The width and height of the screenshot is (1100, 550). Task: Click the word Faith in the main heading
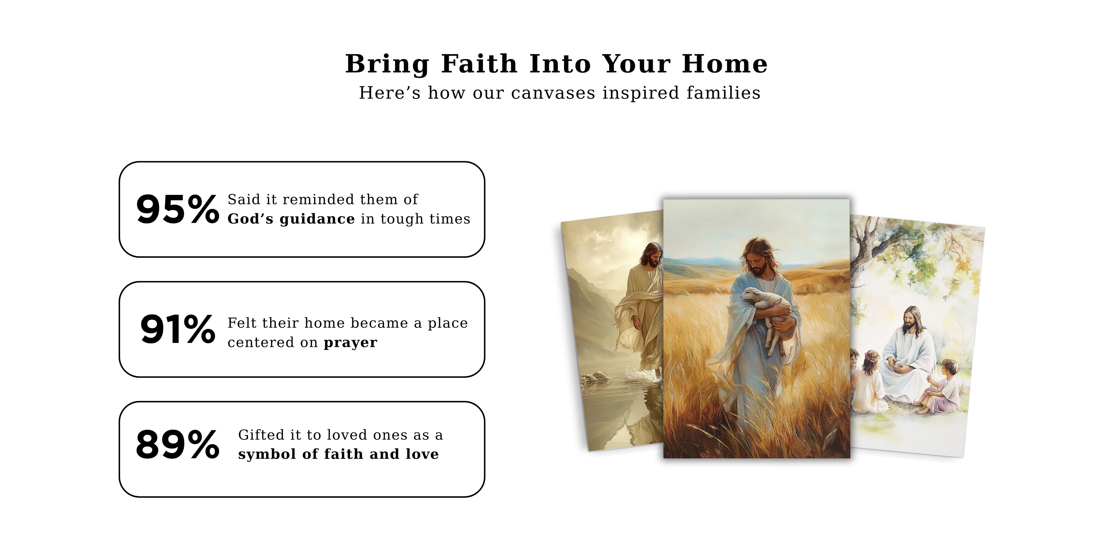[479, 64]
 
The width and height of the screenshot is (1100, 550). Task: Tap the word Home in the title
[725, 64]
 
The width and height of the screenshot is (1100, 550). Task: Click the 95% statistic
[178, 209]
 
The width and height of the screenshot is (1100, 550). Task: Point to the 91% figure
[178, 329]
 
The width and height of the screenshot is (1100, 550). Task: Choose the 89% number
[178, 445]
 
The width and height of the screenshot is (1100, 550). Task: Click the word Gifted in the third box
[261, 435]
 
